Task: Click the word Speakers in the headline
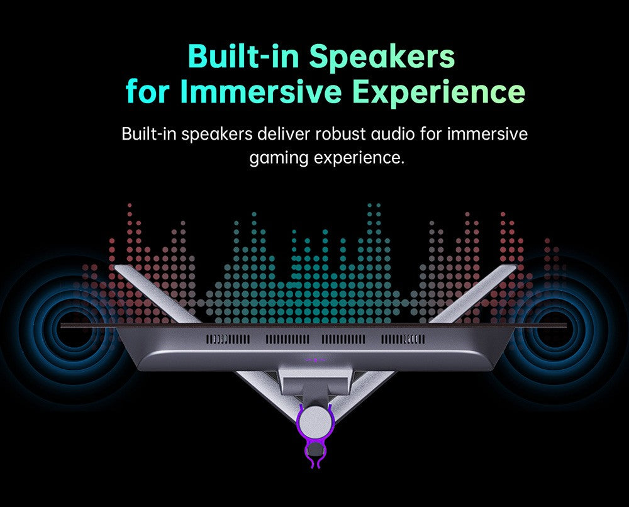click(382, 58)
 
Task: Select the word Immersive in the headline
click(261, 92)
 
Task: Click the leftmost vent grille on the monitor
click(228, 340)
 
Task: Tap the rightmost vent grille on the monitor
click(403, 340)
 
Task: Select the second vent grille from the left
click(287, 340)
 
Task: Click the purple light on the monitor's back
click(315, 360)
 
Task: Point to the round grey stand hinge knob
click(315, 423)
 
